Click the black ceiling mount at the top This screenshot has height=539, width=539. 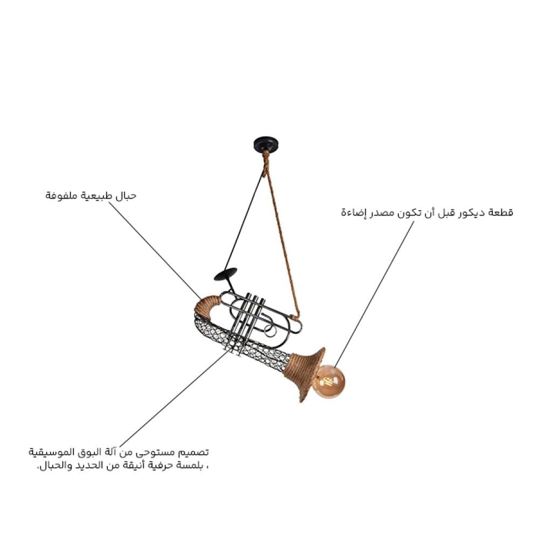tap(266, 144)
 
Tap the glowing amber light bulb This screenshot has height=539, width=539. tap(328, 381)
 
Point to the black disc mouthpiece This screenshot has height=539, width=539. tap(225, 274)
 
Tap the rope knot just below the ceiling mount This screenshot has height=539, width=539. tap(265, 164)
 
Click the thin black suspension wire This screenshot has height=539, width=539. tap(245, 221)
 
